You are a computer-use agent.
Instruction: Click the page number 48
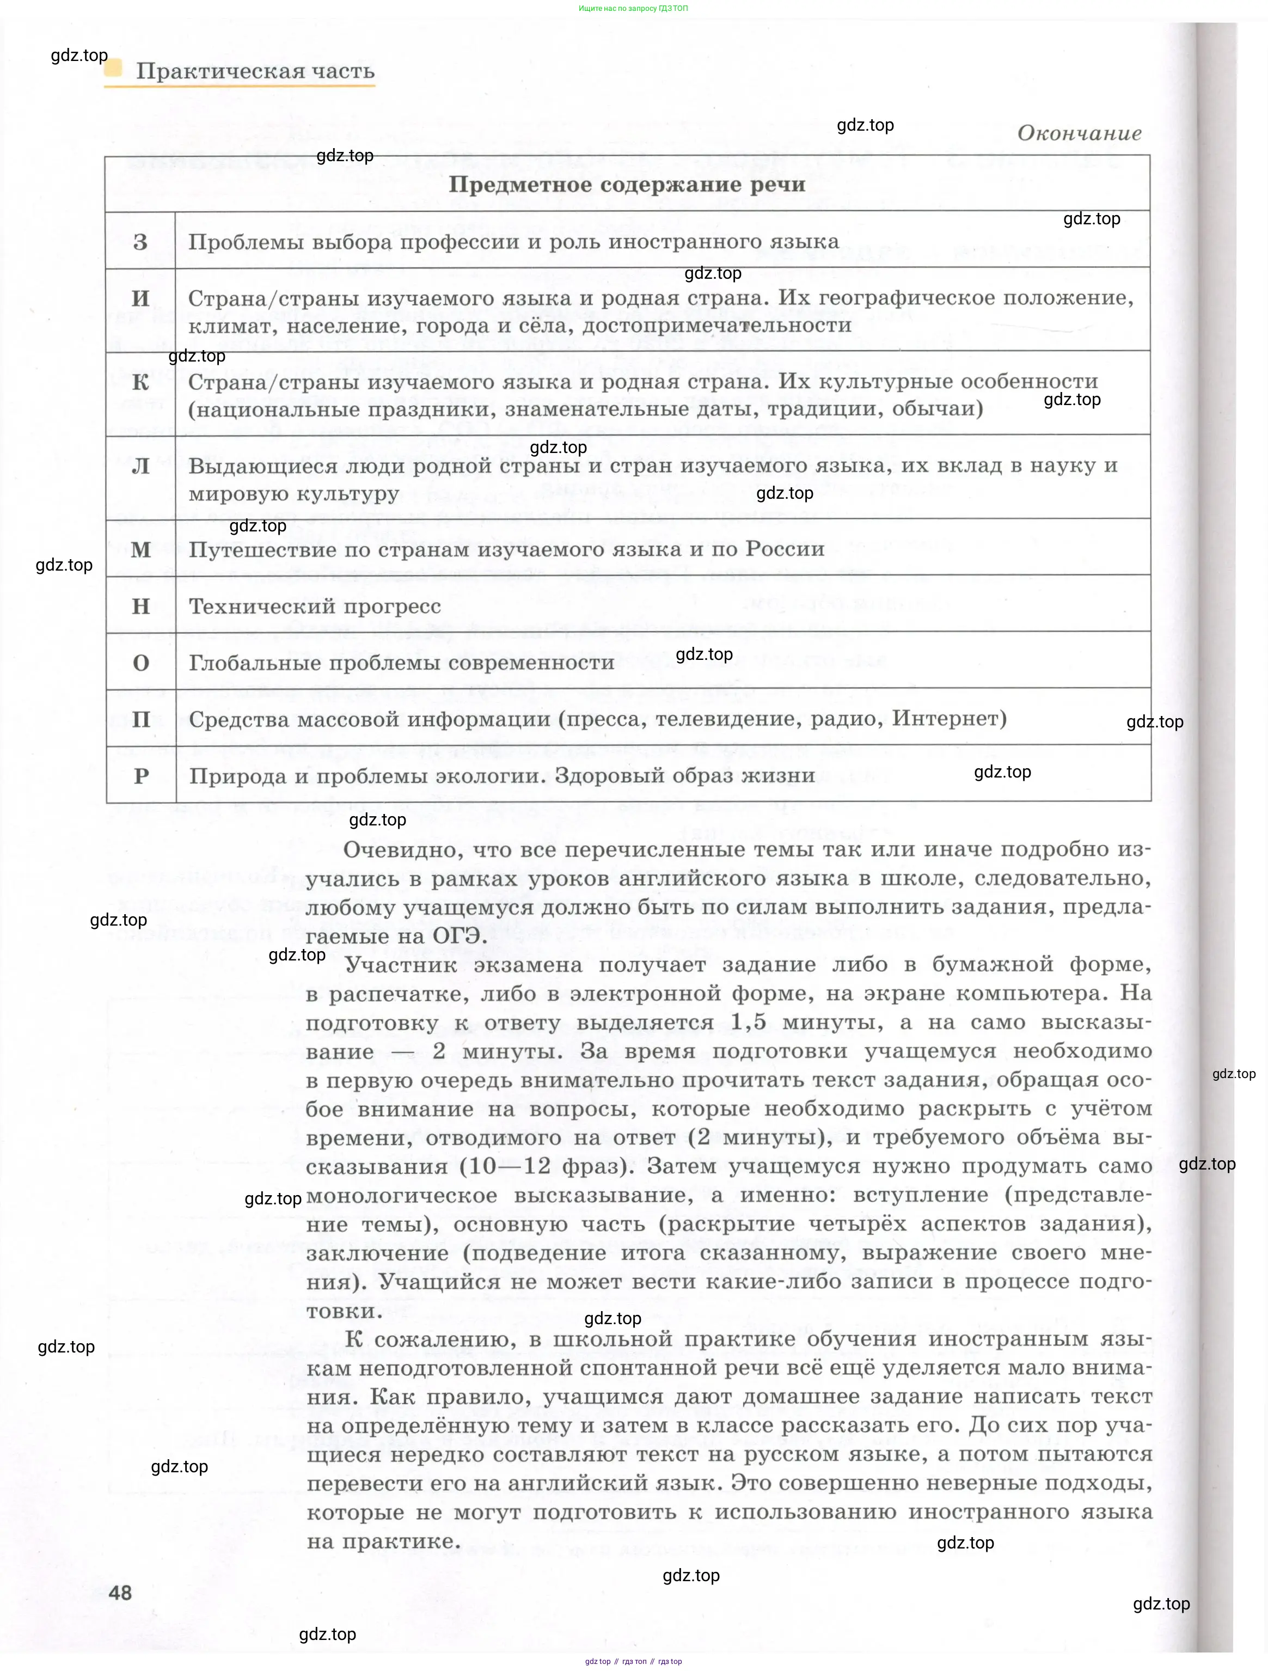tap(120, 1593)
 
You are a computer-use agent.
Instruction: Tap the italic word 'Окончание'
tap(1079, 134)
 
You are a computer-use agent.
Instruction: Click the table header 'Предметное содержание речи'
tap(627, 185)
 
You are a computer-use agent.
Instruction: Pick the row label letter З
tap(140, 242)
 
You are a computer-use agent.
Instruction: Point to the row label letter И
tap(140, 298)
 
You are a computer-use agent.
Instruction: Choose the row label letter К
tap(140, 382)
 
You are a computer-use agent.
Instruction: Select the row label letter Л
tap(140, 466)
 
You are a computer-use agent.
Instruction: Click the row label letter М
tap(140, 550)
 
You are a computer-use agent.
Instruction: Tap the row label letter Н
tap(140, 607)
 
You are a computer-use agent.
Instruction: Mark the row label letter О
tap(140, 663)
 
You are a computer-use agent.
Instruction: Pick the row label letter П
tap(140, 719)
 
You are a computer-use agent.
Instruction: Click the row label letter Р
tap(140, 776)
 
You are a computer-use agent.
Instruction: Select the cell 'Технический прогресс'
tap(314, 607)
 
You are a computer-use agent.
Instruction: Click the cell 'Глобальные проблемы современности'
tap(401, 663)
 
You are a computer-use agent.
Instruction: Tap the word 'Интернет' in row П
tap(946, 718)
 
